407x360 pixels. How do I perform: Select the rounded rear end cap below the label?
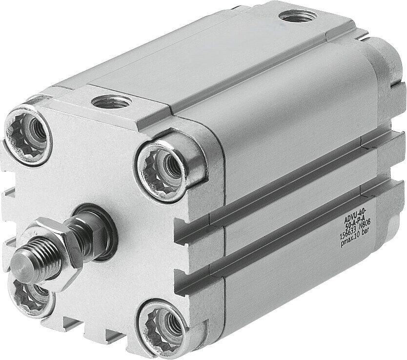tap(396, 234)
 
